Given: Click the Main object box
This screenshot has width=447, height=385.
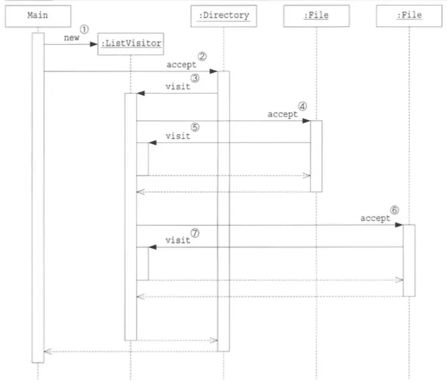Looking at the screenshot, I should [x=37, y=16].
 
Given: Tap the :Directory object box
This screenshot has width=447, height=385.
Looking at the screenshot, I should [x=224, y=16].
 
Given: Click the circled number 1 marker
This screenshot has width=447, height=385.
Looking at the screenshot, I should [x=85, y=30].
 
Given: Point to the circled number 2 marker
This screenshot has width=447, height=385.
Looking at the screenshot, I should [x=202, y=56].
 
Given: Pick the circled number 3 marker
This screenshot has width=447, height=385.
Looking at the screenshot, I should [x=194, y=79].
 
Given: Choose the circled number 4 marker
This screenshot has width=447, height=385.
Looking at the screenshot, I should [x=302, y=106].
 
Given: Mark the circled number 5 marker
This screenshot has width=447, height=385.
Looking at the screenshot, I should [x=194, y=127].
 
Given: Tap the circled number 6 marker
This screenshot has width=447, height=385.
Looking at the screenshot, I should [x=395, y=210].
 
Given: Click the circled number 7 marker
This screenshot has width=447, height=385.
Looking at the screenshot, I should [x=195, y=231].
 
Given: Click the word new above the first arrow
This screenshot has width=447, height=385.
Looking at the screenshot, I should [x=71, y=38].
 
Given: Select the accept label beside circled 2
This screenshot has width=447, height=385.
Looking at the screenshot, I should [x=181, y=64].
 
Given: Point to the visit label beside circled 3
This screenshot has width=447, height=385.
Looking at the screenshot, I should [x=177, y=87].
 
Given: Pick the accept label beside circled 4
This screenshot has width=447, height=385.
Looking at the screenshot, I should [x=283, y=115].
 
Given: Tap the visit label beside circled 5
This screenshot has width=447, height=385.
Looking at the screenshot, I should [x=177, y=136].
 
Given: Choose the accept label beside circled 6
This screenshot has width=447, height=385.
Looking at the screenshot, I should [x=375, y=218].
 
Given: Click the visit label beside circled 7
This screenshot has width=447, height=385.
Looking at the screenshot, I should [x=177, y=240].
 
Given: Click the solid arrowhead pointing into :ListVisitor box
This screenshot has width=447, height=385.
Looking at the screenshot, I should [x=94, y=45].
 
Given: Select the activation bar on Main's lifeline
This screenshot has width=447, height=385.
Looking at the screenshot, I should [x=37, y=197].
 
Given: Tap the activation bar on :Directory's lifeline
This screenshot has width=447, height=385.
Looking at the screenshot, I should [x=224, y=210].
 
